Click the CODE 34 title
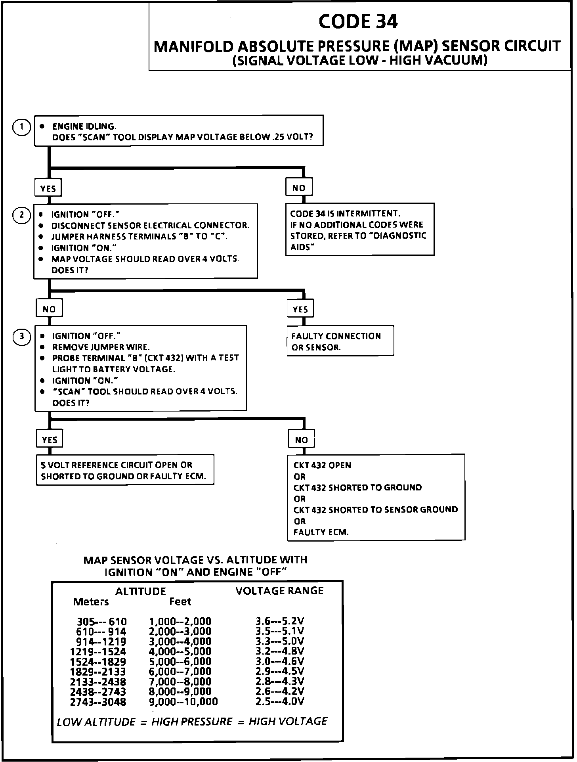click(358, 22)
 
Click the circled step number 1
click(22, 127)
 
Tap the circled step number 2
click(22, 215)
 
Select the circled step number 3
click(22, 337)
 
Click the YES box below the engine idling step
click(48, 188)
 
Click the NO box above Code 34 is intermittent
click(299, 188)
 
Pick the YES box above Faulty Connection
click(300, 309)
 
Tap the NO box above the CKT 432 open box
click(301, 440)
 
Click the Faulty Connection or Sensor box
click(340, 341)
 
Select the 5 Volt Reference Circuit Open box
click(125, 470)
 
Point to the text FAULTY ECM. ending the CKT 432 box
click(321, 532)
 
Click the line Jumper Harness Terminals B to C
click(139, 237)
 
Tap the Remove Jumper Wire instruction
click(101, 347)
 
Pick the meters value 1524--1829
click(98, 662)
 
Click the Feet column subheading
click(180, 601)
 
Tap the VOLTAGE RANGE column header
click(279, 591)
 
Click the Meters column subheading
click(91, 602)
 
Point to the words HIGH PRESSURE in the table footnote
click(192, 722)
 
